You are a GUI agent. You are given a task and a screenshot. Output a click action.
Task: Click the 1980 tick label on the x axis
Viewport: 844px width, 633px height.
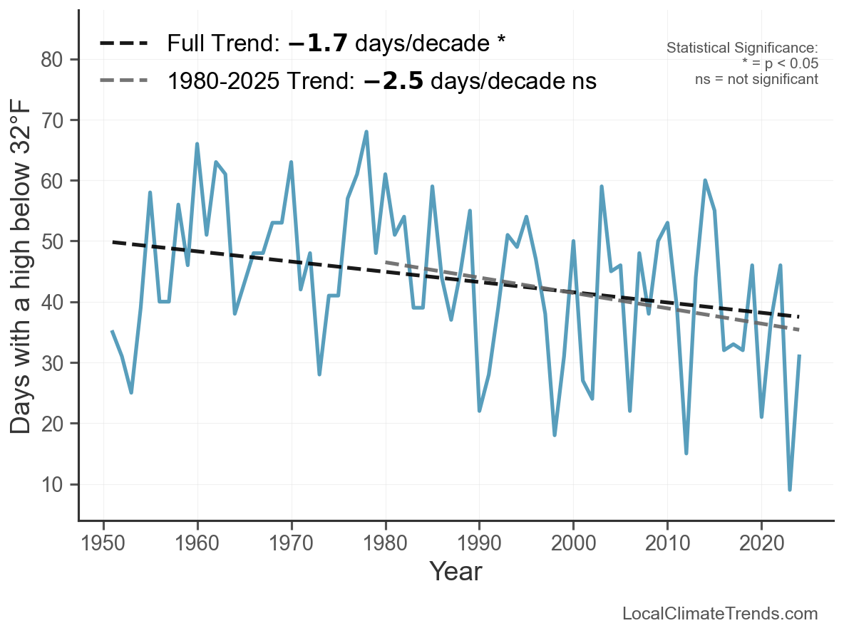[385, 543]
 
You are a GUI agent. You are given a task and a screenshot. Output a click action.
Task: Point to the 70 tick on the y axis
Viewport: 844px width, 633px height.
[51, 120]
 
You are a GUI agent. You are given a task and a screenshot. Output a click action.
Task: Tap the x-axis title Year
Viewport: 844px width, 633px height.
[456, 571]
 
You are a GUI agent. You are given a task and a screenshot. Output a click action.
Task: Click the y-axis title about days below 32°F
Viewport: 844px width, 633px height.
[21, 266]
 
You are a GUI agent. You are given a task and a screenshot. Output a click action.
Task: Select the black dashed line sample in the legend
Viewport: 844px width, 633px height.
[124, 43]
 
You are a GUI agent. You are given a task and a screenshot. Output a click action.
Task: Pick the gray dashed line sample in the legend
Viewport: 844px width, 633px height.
[124, 80]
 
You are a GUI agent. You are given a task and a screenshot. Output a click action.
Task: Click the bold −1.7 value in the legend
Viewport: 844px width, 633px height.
[318, 43]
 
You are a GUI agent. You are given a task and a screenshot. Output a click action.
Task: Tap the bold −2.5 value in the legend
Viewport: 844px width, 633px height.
[393, 80]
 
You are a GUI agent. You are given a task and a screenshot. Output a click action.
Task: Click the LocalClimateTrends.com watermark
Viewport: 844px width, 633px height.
[720, 614]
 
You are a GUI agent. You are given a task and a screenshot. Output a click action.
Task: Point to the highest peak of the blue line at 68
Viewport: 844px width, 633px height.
[366, 132]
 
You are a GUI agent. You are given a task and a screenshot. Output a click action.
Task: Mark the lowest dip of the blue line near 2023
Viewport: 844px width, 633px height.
[790, 489]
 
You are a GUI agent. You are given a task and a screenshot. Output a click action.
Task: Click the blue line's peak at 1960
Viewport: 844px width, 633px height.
[197, 144]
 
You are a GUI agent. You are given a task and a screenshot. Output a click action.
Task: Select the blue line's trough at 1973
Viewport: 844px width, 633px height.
[319, 374]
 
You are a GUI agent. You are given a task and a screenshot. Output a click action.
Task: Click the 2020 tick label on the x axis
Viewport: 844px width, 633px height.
[761, 543]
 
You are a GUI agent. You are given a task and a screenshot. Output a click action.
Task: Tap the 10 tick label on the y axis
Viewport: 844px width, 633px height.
[51, 485]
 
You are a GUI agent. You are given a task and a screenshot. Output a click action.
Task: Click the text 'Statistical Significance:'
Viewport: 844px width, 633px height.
[742, 48]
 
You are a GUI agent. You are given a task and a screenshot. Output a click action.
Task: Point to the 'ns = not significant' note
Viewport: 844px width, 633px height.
[756, 79]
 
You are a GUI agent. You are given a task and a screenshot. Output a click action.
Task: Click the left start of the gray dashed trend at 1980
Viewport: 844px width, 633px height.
[386, 263]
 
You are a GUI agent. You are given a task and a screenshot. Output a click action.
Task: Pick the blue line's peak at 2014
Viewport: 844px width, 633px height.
[704, 181]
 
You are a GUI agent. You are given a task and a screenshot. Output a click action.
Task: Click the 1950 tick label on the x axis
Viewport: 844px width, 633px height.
[103, 543]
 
